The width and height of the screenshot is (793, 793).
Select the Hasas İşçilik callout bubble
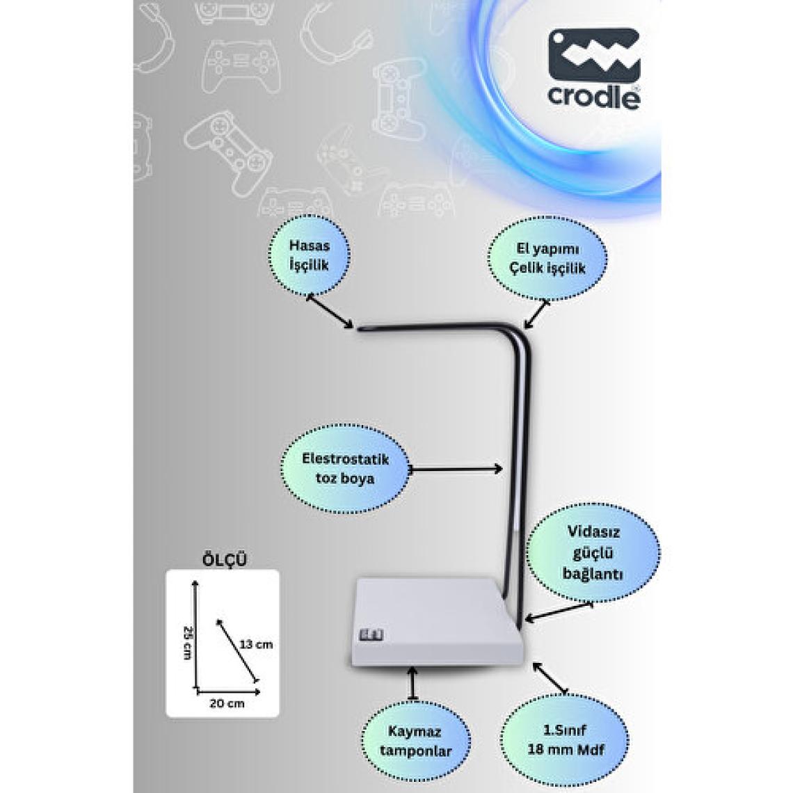[309, 256]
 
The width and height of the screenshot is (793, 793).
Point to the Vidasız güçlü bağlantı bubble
[593, 554]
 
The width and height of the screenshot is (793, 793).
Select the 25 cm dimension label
[187, 643]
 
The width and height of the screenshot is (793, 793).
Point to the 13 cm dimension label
[256, 644]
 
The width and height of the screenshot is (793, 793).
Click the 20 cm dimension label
[227, 703]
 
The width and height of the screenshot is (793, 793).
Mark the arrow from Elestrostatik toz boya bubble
[456, 470]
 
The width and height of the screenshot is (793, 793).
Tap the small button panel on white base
[367, 635]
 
